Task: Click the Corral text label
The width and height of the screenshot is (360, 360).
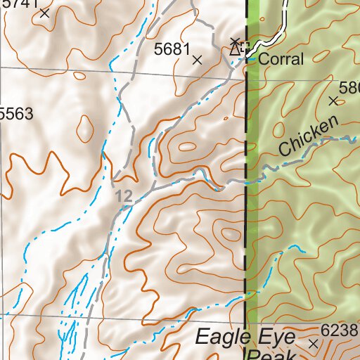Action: click(x=281, y=60)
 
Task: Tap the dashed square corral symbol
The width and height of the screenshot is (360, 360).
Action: click(x=245, y=48)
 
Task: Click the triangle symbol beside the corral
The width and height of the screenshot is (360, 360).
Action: click(x=235, y=49)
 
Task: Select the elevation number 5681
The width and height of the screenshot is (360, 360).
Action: click(x=172, y=49)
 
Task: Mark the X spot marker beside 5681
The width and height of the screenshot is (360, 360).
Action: click(x=197, y=60)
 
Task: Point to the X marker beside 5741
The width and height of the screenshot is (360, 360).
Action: click(x=45, y=13)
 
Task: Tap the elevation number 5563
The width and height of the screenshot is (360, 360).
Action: click(x=18, y=114)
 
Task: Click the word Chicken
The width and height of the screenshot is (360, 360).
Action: click(x=308, y=136)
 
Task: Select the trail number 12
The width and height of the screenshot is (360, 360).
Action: click(x=124, y=198)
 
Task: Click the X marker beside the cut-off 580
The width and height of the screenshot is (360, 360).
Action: click(x=333, y=101)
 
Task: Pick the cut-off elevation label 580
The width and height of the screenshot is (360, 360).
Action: click(x=349, y=89)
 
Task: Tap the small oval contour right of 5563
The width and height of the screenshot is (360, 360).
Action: click(x=84, y=127)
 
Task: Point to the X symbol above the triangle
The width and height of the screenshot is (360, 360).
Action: click(x=235, y=41)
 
